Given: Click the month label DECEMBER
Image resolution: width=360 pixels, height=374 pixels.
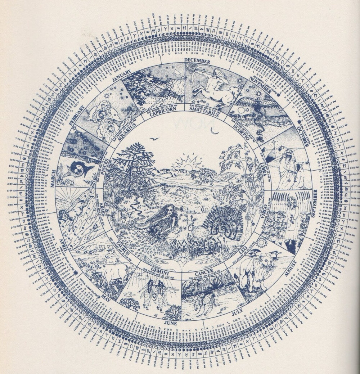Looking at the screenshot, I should [197, 61].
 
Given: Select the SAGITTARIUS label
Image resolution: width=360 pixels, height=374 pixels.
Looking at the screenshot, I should [204, 109].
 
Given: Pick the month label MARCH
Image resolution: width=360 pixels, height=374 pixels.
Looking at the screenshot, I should [53, 178].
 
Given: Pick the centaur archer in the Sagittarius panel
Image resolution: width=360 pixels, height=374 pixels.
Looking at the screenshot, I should [214, 86].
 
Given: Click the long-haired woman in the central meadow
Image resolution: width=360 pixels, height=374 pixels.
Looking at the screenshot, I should [163, 220].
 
